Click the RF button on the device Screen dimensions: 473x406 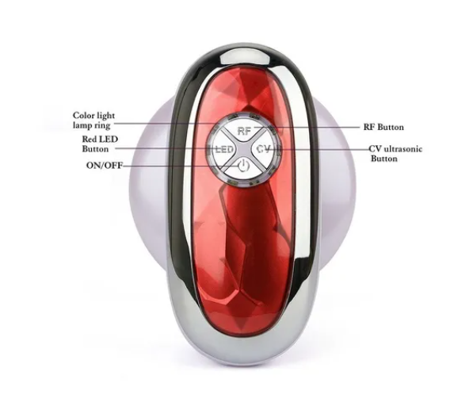244,130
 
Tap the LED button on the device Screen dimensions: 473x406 225,149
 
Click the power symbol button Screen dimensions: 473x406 243,167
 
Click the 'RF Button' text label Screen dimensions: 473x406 383,127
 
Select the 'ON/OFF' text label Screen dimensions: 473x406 105,166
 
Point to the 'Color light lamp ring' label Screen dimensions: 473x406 93,121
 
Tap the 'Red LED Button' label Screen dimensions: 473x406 100,144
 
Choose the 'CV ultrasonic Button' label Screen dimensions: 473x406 395,154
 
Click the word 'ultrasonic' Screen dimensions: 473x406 402,149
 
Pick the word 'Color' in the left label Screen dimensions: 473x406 82,115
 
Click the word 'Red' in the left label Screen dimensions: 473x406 90,139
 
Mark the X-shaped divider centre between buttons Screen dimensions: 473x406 243,149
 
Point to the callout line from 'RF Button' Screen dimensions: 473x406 307,128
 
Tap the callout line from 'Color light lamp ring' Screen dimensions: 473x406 165,124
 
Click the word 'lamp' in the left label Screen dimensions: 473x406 82,125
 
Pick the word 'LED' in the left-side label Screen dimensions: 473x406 109,139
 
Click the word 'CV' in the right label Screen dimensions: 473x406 375,149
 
